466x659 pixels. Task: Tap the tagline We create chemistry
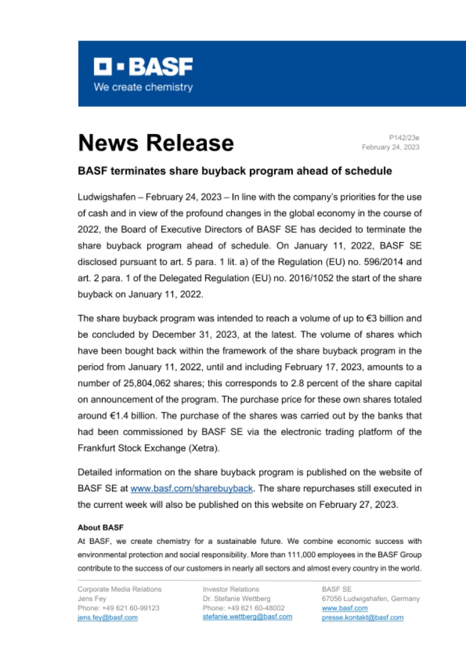tap(143, 87)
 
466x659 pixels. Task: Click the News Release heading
tap(156, 143)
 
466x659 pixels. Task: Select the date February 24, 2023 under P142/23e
tap(390, 147)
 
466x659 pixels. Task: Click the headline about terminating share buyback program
tap(235, 171)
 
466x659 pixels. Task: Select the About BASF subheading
tap(101, 528)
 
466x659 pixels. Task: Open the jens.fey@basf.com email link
tap(108, 618)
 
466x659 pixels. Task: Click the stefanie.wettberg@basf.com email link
tap(248, 617)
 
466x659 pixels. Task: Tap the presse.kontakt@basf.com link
tap(363, 618)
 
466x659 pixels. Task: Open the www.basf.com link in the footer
tap(337, 608)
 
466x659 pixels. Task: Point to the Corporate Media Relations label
tap(119, 589)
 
